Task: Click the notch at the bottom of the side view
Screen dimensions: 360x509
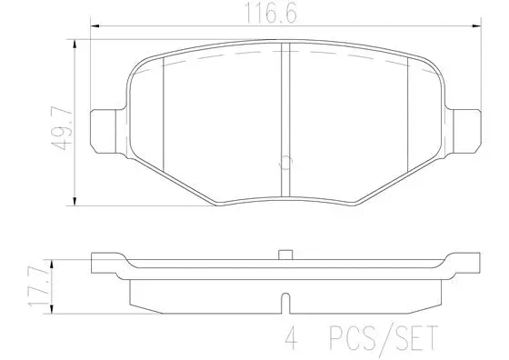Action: click(x=284, y=301)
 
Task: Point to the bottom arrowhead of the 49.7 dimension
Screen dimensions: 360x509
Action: click(x=73, y=201)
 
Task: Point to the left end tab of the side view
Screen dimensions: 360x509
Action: click(x=105, y=265)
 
